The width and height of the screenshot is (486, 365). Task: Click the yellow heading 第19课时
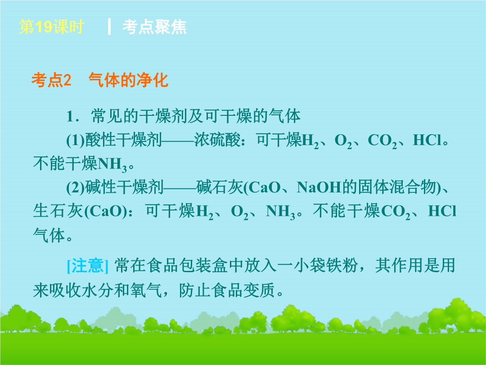[51, 27]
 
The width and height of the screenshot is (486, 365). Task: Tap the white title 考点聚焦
[154, 27]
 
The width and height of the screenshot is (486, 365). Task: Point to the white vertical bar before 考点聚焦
[109, 27]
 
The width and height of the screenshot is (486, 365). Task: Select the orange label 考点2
[51, 80]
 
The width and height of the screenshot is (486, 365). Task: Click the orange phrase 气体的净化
[128, 80]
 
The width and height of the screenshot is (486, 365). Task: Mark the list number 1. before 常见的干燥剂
[73, 116]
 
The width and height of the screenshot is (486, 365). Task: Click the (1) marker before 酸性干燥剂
[76, 140]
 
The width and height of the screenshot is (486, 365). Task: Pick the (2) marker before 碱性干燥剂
[76, 187]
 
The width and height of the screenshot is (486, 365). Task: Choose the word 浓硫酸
[217, 140]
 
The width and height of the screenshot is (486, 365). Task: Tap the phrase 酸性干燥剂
[124, 140]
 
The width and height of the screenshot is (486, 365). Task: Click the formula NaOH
[319, 187]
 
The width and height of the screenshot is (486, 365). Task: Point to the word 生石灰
[58, 211]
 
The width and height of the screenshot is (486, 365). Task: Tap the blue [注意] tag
[88, 266]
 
